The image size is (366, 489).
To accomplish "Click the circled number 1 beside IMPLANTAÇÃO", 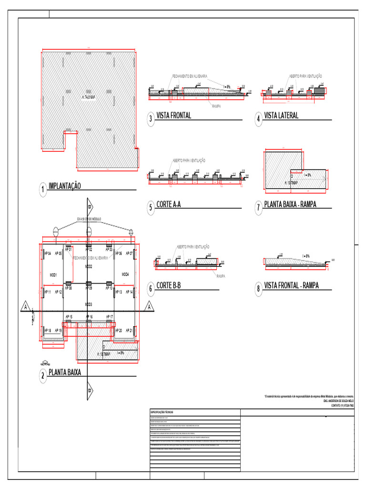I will (x=43, y=191).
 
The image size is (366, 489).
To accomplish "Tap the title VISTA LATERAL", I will (x=281, y=116).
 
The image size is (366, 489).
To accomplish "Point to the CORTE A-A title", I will (x=169, y=205).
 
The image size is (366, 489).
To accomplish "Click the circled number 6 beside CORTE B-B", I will (x=151, y=288).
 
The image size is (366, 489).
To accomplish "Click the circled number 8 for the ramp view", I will (x=258, y=288).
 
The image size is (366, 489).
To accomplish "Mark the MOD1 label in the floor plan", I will (x=53, y=275).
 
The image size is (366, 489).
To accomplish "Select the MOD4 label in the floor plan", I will (x=125, y=275).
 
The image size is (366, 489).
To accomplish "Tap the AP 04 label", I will (x=47, y=253).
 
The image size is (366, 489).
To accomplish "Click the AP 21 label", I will (x=129, y=330).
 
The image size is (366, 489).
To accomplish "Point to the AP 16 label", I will (x=89, y=317).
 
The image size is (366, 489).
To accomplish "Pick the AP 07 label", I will (x=129, y=253).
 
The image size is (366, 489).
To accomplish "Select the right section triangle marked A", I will (x=150, y=306).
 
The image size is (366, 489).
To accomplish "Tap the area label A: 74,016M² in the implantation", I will (x=89, y=97).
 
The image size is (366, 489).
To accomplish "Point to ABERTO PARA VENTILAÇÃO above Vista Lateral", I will (x=305, y=76).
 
